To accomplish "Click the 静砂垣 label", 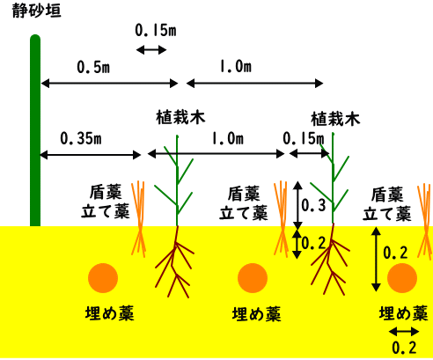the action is (37, 11).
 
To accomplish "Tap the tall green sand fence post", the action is (35, 130).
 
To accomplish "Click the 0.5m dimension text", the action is (93, 67).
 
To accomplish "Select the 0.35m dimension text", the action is (81, 138).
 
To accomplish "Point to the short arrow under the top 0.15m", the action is (151, 50).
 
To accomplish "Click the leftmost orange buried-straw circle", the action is (103, 278).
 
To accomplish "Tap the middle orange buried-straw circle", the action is (253, 278).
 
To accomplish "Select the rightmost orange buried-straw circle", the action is (402, 278).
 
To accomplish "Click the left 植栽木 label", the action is (180, 117).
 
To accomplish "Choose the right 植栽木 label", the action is (335, 119).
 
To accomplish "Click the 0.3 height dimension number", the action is (313, 205).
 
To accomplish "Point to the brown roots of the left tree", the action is (175, 261).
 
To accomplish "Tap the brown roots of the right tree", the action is (331, 260).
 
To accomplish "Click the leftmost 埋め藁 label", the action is (110, 313).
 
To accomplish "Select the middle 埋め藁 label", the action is (257, 313).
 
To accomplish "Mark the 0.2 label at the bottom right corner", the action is (404, 348).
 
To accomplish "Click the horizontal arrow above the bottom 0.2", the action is (404, 332).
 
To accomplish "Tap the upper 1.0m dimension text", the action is (236, 67).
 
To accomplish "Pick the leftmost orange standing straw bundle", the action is (138, 219).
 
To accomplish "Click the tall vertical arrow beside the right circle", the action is (376, 259).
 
